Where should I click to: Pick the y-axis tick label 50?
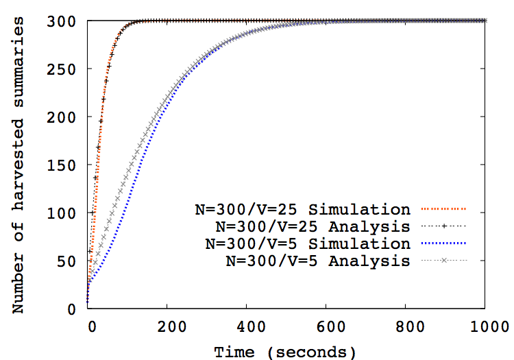pos(67,261)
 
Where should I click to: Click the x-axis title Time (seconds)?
pos(284,352)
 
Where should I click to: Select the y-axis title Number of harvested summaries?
pos(20,165)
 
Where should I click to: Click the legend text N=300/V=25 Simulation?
pos(302,208)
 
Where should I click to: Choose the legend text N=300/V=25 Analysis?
pos(312,226)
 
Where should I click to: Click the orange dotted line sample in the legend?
pos(443,208)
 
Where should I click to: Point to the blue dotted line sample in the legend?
pos(443,243)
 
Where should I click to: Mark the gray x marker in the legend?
pos(443,260)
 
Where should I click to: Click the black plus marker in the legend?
pos(443,226)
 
